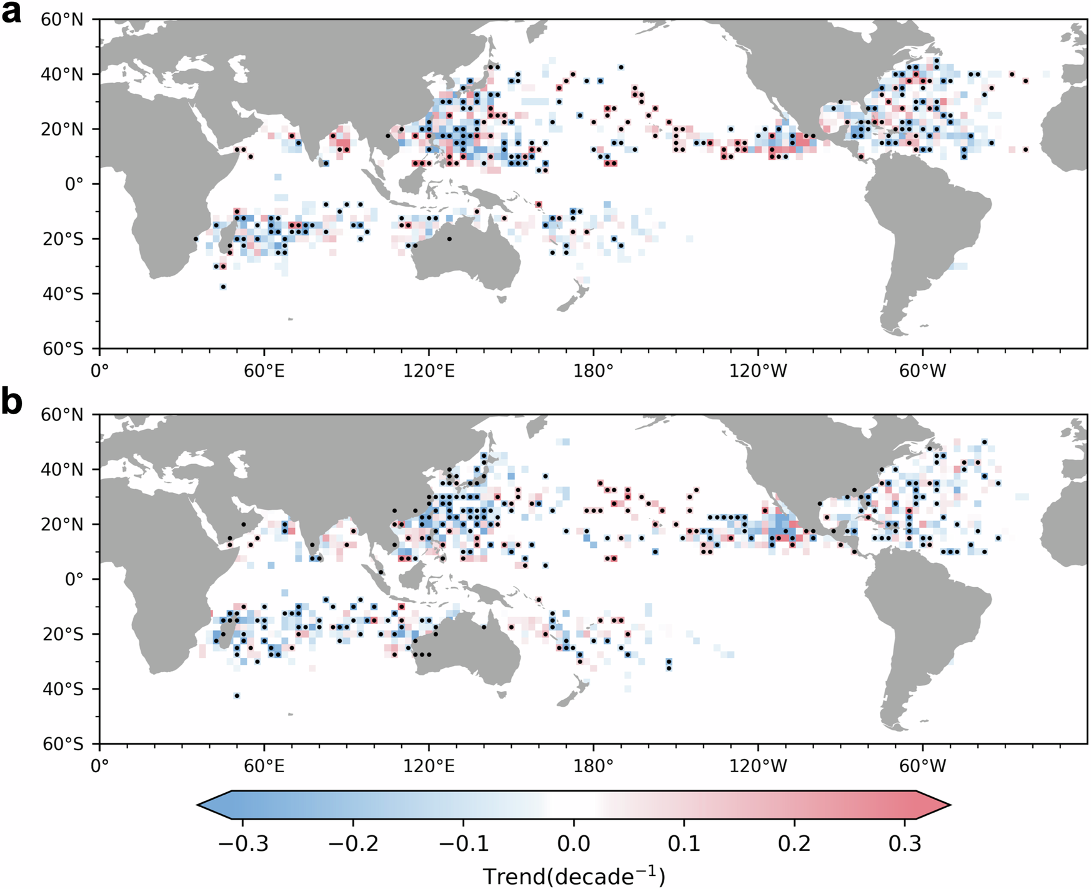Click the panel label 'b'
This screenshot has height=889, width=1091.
click(11, 404)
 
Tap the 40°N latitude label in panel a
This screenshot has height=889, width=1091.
click(62, 74)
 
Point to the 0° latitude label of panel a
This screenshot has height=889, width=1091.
click(74, 184)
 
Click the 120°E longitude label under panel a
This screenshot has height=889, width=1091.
click(429, 371)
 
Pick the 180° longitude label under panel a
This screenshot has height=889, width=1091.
click(594, 371)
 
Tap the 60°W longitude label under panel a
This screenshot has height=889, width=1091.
click(923, 371)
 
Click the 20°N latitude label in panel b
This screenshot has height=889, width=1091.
click(62, 524)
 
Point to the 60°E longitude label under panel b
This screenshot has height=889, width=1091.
click(264, 766)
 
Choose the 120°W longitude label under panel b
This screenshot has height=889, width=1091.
click(758, 766)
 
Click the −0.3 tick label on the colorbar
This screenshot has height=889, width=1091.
click(243, 844)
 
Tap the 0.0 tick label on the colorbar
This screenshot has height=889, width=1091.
click(574, 844)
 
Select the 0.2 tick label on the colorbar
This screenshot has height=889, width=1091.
click(794, 844)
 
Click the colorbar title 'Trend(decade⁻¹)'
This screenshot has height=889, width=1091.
click(574, 876)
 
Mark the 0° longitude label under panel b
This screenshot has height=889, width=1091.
click(99, 766)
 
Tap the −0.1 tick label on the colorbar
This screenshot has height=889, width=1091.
click(464, 844)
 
